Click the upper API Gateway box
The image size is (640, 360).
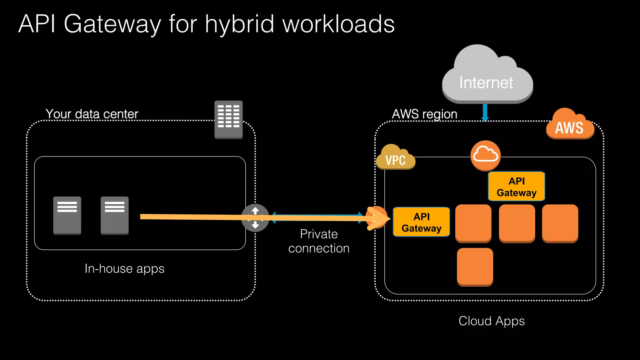tap(516, 187)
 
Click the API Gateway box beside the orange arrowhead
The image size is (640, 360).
tap(421, 222)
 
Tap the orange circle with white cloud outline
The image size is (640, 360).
tap(485, 155)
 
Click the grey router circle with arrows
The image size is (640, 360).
tap(255, 218)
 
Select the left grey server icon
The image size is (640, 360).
tap(67, 215)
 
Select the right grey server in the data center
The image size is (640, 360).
tap(114, 215)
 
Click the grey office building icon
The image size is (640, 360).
tap(228, 119)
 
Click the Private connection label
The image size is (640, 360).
tap(319, 241)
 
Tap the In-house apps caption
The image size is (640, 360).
tap(124, 269)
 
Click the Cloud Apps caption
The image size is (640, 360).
tap(491, 321)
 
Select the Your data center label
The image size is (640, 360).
tap(92, 114)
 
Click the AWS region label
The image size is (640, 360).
tap(424, 114)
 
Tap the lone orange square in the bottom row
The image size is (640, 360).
tap(475, 267)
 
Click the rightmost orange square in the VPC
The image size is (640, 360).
tap(560, 223)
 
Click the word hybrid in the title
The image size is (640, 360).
tap(240, 24)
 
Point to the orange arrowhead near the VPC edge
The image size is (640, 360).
tap(380, 218)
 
